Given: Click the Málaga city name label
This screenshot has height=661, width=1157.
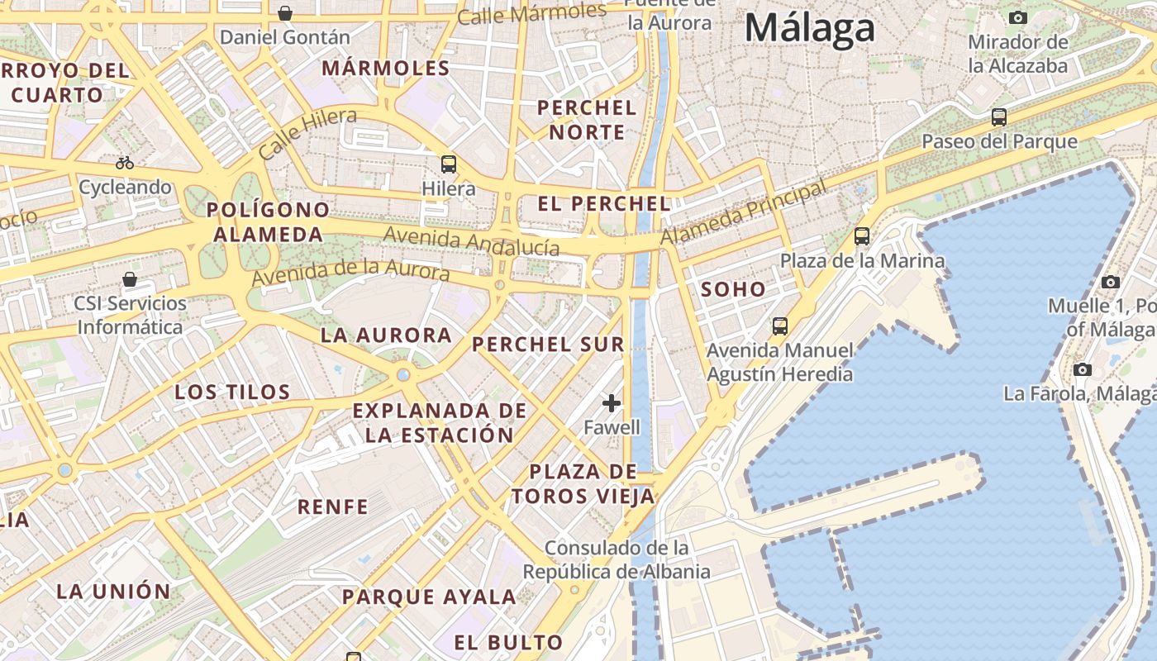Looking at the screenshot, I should pyautogui.click(x=809, y=29).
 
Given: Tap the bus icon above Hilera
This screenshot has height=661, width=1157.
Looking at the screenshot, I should pyautogui.click(x=449, y=164).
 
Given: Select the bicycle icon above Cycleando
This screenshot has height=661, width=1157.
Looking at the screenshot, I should pyautogui.click(x=125, y=163).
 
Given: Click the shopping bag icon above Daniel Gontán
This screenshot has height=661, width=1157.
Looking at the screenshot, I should pyautogui.click(x=285, y=13).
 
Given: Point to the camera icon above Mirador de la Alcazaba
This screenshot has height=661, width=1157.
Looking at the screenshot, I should pyautogui.click(x=1018, y=17).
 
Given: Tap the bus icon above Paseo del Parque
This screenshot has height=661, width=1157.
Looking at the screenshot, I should pyautogui.click(x=999, y=117).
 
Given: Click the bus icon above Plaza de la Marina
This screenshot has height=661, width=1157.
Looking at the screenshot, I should pyautogui.click(x=862, y=236).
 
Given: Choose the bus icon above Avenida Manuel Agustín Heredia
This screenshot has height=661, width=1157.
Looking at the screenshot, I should pyautogui.click(x=779, y=326).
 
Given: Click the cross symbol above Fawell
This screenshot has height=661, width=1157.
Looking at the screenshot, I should pyautogui.click(x=612, y=403).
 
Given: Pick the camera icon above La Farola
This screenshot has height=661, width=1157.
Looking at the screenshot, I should pyautogui.click(x=1083, y=369).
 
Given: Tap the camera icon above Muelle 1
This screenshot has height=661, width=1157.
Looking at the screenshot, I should pyautogui.click(x=1111, y=282).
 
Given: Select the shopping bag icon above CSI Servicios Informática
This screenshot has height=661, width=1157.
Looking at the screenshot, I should pyautogui.click(x=129, y=279).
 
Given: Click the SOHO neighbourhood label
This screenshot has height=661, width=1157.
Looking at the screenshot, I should pyautogui.click(x=733, y=290).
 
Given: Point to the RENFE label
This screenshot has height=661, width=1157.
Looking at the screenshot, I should pyautogui.click(x=332, y=506).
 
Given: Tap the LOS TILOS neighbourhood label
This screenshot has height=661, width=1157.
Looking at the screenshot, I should pyautogui.click(x=232, y=392).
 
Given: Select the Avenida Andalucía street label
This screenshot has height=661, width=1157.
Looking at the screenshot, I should pyautogui.click(x=471, y=241).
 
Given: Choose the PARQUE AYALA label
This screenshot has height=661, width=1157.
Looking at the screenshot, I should pyautogui.click(x=429, y=597).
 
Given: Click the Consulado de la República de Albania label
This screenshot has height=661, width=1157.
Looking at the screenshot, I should pyautogui.click(x=617, y=559).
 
